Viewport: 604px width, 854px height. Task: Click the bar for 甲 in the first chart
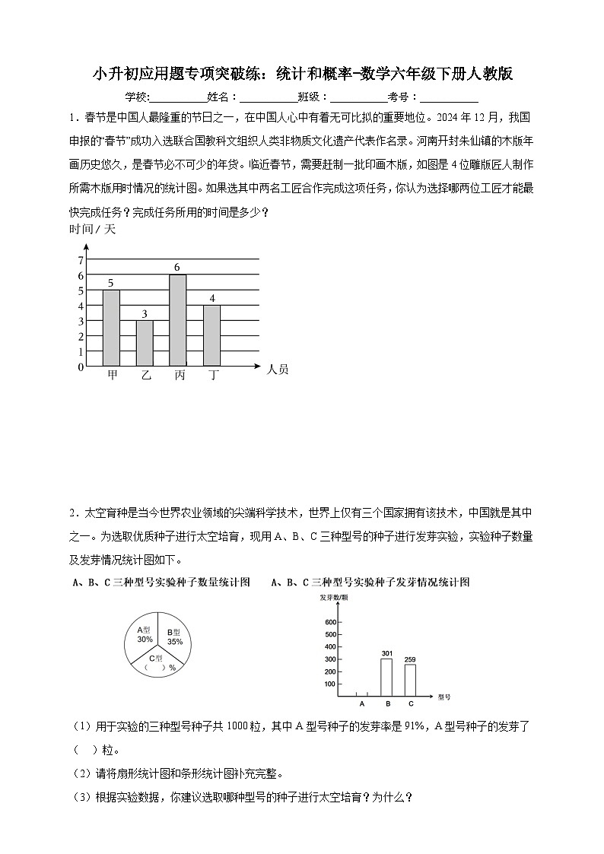(111, 328)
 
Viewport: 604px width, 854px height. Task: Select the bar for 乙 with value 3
(145, 343)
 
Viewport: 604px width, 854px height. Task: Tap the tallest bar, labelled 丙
(178, 320)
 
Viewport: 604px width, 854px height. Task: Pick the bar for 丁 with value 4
(212, 335)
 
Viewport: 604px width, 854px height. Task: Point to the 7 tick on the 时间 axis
(81, 260)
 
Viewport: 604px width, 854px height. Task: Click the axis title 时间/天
(91, 228)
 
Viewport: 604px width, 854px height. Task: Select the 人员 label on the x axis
(278, 370)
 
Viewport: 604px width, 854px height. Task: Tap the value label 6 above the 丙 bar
(177, 267)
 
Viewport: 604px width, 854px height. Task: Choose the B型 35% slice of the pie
(175, 636)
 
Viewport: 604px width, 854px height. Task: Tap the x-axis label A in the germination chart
(361, 703)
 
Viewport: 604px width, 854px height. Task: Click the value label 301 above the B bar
(386, 653)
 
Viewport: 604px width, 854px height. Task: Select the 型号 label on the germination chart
(444, 697)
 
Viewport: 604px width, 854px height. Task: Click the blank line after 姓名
(268, 97)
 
